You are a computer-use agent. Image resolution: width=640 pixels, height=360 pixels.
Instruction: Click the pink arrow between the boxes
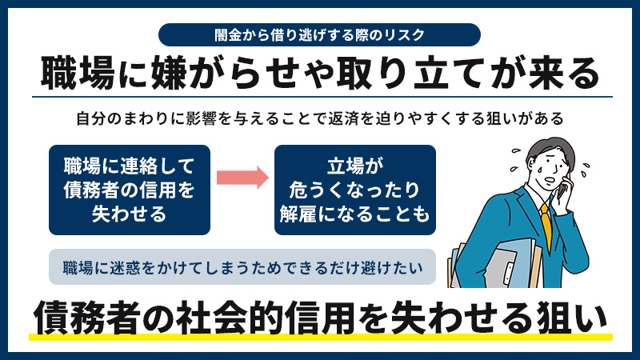click(x=242, y=177)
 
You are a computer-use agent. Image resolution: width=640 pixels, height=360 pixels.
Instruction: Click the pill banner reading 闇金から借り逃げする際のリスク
click(x=319, y=34)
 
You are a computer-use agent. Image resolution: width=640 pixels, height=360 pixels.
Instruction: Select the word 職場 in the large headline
click(x=78, y=74)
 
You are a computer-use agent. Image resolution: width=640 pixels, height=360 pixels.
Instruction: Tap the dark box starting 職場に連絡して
click(x=130, y=190)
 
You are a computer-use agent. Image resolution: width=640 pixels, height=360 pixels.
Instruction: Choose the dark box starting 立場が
click(x=354, y=190)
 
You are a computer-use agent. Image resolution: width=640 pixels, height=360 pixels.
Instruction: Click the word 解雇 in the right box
click(x=298, y=214)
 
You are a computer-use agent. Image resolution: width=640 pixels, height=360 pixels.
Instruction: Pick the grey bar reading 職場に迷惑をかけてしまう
click(x=242, y=267)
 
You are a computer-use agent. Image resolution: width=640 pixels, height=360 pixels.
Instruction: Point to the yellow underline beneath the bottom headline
click(x=321, y=337)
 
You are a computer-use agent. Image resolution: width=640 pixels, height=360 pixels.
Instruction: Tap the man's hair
click(x=549, y=149)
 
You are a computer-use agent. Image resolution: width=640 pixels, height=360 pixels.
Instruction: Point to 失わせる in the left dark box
click(x=130, y=214)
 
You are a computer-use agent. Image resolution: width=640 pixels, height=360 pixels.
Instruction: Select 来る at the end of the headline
click(x=564, y=74)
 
